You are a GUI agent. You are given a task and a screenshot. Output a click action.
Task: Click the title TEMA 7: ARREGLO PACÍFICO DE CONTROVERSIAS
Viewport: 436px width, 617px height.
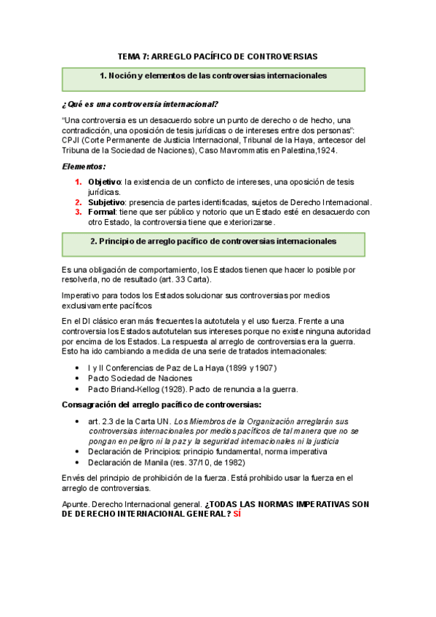[x=218, y=56]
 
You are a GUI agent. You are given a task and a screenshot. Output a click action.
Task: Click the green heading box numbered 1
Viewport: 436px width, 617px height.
[x=213, y=76]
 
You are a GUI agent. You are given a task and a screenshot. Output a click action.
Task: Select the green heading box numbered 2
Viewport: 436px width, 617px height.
[x=213, y=241]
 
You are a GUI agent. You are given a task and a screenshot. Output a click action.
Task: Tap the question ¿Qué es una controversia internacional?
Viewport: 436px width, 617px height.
[x=140, y=103]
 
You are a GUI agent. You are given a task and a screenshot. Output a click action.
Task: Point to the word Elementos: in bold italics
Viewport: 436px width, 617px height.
[x=84, y=167]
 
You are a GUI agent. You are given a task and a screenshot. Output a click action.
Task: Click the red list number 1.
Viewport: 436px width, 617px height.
[x=79, y=181]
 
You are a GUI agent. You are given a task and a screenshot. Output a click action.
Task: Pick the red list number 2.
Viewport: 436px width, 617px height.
[x=79, y=202]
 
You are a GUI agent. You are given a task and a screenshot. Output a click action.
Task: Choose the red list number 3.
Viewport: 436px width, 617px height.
[x=79, y=212]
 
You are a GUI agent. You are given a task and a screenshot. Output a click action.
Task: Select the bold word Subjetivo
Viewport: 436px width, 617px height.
[x=106, y=202]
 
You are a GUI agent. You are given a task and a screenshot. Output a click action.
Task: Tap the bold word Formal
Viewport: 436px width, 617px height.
[x=102, y=212]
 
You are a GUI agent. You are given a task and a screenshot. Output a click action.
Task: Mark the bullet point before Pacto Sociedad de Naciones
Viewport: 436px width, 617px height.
[x=78, y=378]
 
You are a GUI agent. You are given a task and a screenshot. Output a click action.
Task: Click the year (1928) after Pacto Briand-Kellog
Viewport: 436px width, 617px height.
[x=165, y=389]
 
